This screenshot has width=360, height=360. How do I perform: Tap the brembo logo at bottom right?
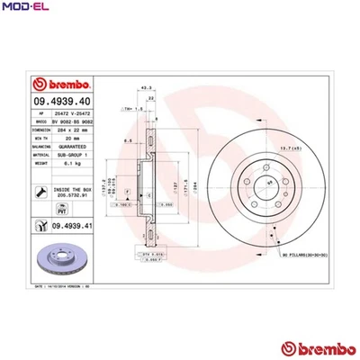pyautogui.click(x=315, y=346)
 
